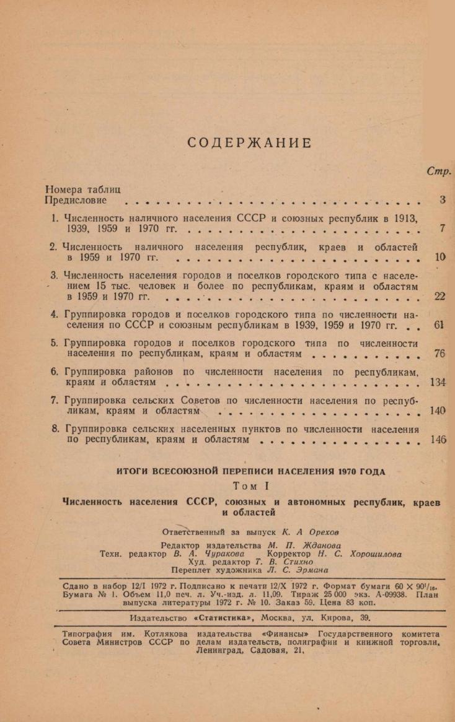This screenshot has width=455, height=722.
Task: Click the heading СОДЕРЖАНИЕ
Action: coord(249,143)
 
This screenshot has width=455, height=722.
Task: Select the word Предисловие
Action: coord(77,200)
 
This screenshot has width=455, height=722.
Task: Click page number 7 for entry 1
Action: coord(442,228)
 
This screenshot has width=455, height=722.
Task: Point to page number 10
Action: coord(440,257)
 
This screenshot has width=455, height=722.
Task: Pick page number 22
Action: coord(440,297)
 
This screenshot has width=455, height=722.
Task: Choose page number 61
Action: coord(439,326)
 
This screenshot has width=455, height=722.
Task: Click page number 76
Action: coord(440,354)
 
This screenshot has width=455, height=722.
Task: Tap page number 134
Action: coord(438,382)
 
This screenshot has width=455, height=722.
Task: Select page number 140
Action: coord(438,411)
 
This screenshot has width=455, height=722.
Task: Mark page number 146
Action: coord(438,440)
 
